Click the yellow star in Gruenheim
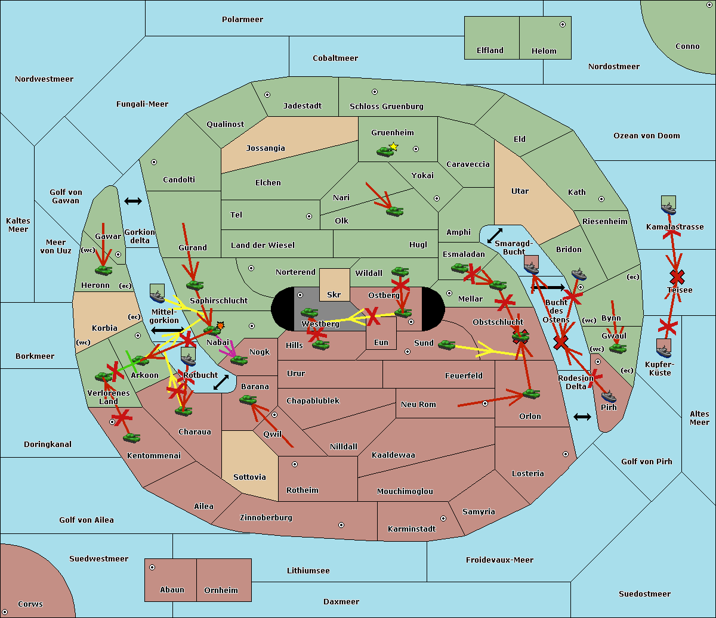coord(393,146)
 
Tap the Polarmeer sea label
coord(242,20)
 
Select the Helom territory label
coord(544,51)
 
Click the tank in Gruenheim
coord(385,152)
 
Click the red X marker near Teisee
coord(677,277)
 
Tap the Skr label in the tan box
coord(334,294)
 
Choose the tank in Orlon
coord(531,394)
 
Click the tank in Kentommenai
coord(131,438)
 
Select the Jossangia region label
coord(266,148)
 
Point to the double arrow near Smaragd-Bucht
coord(495,236)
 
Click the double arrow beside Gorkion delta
coord(132,201)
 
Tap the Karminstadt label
coord(412,529)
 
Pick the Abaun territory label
coord(172,590)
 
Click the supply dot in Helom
coord(562,24)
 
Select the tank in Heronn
coord(104,271)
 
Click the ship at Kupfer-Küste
coord(663,347)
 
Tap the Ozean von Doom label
coord(646,136)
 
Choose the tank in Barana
coord(248,400)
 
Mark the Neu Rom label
coord(418,405)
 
